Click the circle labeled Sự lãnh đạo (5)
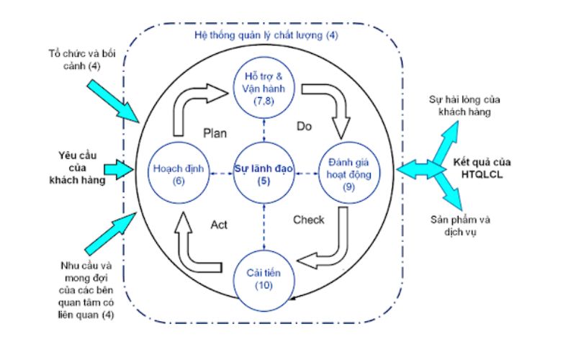(x=263, y=174)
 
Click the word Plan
(x=215, y=132)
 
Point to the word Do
(x=304, y=126)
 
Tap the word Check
(x=309, y=220)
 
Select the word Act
(x=220, y=225)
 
